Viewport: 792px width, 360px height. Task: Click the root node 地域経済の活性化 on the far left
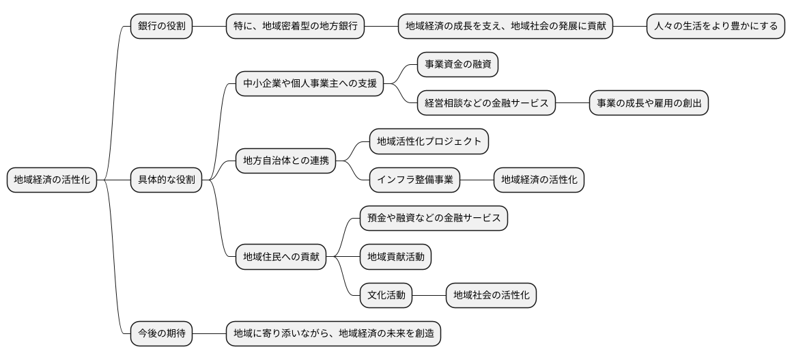51,180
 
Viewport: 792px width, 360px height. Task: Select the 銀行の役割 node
161,27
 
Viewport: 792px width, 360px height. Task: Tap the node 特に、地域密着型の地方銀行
295,27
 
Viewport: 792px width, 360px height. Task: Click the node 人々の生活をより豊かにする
715,27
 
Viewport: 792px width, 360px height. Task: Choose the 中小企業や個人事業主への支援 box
309,85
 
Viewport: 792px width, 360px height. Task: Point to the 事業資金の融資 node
457,65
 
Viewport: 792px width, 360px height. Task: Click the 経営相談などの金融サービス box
486,104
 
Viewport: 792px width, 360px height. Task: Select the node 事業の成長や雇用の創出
648,104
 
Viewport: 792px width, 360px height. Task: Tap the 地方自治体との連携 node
285,161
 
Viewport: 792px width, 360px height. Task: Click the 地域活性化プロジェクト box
429,142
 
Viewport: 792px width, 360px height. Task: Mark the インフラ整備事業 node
414,180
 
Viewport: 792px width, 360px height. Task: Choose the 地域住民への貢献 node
281,258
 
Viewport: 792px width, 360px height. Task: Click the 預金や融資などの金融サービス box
434,219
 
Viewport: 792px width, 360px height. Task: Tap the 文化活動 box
386,296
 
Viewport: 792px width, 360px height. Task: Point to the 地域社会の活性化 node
491,296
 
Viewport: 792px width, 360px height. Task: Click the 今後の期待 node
161,334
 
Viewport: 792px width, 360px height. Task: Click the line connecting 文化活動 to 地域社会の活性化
429,296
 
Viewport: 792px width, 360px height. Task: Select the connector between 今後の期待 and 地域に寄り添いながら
209,334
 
